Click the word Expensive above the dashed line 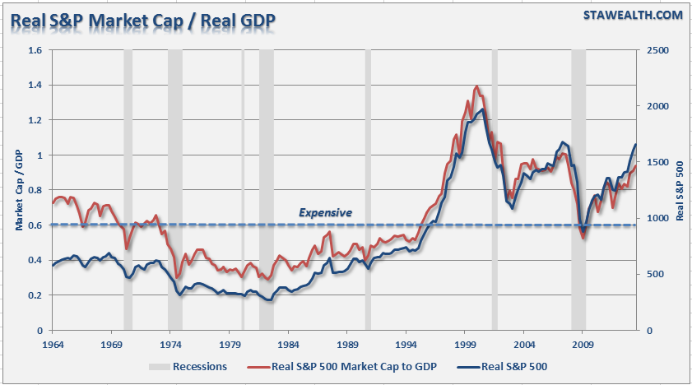[325, 213]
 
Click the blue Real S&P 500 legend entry [514, 367]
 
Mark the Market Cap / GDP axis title [18, 191]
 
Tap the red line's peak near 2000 [477, 86]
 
